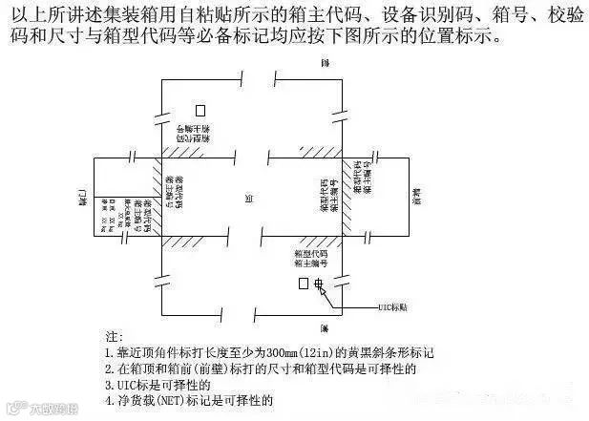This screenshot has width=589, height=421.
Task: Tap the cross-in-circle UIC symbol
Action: coord(320,284)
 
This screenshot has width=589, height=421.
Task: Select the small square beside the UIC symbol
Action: coord(304,284)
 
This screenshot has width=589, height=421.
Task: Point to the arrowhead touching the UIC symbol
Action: coord(325,289)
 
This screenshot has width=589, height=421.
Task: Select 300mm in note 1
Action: coord(283,353)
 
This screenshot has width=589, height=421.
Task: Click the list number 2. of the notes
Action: coord(110,368)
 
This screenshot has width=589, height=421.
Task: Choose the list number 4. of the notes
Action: coord(110,400)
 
